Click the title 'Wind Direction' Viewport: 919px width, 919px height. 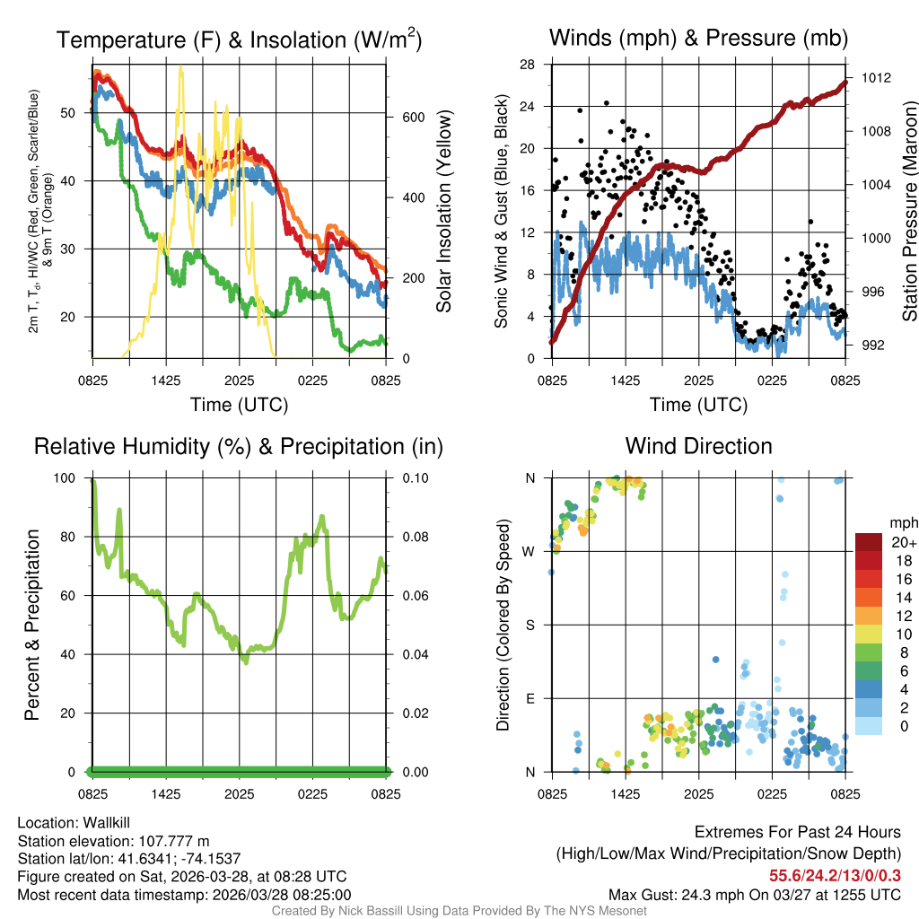click(x=698, y=446)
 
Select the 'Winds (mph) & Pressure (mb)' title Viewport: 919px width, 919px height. click(x=698, y=39)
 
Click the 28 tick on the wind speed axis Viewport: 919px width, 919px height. click(x=529, y=64)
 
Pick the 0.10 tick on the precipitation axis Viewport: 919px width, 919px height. click(x=415, y=478)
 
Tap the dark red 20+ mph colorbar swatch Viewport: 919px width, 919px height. click(x=870, y=542)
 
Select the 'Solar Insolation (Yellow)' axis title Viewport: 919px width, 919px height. click(x=444, y=211)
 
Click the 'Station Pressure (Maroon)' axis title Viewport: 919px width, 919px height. click(x=909, y=211)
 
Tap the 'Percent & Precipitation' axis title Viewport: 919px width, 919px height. click(x=32, y=625)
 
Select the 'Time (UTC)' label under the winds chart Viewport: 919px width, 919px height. click(x=698, y=405)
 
